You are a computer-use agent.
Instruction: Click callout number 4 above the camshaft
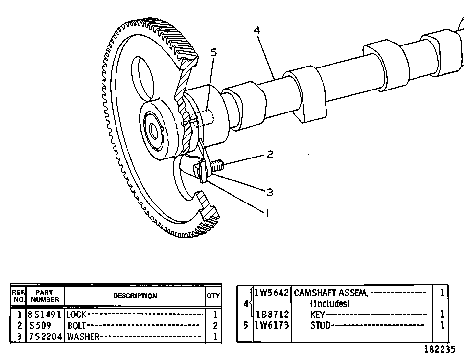click(257, 30)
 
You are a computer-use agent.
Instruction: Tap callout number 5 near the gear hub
click(214, 52)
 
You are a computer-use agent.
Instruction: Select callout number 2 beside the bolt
click(270, 154)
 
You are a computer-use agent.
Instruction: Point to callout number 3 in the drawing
click(270, 192)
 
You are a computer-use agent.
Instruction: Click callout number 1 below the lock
click(267, 213)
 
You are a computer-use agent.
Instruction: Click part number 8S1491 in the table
click(45, 314)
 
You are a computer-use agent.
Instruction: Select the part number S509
click(40, 326)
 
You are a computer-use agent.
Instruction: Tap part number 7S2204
click(45, 337)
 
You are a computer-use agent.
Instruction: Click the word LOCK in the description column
click(76, 314)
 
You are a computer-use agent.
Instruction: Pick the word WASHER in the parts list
click(83, 337)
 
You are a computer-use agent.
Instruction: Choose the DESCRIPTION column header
click(135, 296)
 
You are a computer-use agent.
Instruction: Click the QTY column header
click(213, 296)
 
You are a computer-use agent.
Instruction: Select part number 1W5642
click(272, 293)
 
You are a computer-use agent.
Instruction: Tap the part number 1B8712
click(272, 314)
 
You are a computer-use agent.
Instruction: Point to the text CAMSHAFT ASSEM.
click(331, 293)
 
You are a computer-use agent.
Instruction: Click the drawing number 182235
click(440, 349)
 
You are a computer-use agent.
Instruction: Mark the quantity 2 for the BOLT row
click(215, 326)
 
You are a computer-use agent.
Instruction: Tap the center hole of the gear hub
click(154, 131)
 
